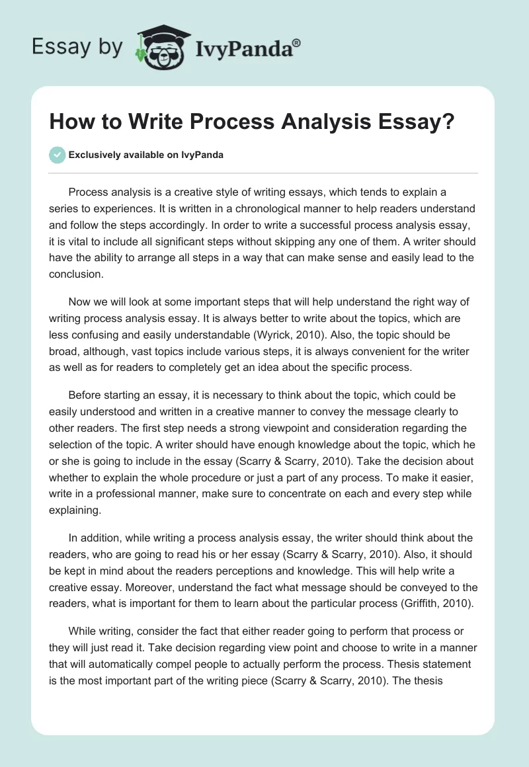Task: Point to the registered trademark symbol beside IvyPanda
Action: [297, 42]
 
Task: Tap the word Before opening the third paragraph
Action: [86, 395]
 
